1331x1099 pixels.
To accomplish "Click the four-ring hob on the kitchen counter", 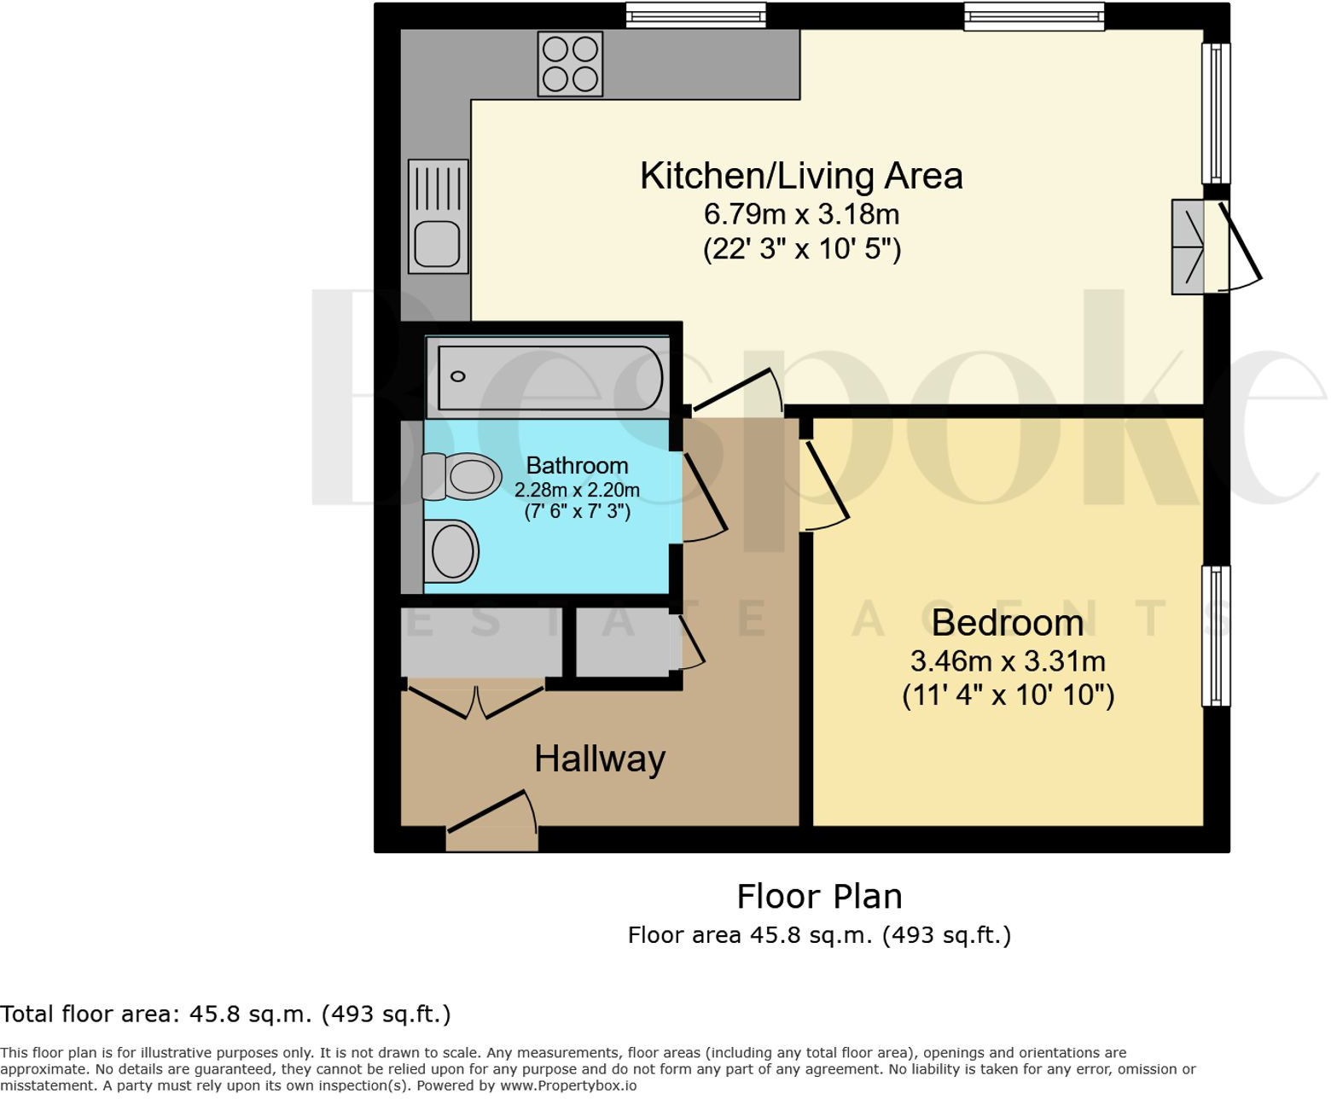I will pos(570,64).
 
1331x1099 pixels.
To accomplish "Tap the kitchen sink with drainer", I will pos(438,217).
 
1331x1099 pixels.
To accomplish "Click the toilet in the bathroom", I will pos(462,476).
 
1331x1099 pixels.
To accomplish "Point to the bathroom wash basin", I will pos(451,551).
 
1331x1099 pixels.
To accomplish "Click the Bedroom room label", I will pos(1007,623).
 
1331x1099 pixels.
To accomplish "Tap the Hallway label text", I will pos(599,759).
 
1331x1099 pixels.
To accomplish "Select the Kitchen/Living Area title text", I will pos(800,176).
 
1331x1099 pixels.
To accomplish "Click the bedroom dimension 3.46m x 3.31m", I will pos(1007,661).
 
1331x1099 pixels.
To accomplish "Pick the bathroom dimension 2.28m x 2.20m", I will pos(577,490).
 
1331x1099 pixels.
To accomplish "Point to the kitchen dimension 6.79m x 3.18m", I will pos(800,213).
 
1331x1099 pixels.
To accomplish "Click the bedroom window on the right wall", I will pos(1216,636).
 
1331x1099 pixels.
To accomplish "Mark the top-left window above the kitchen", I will pos(695,15).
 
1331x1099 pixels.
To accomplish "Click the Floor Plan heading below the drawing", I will pos(819,897).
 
